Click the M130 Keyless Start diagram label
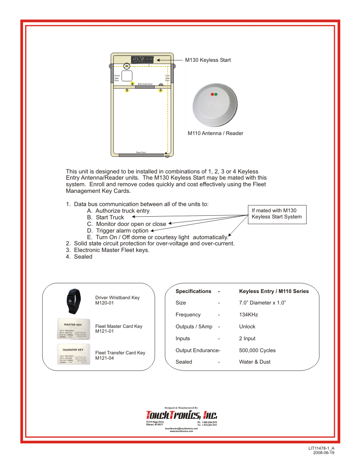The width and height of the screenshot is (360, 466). click(x=208, y=60)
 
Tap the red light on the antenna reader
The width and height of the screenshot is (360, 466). click(x=212, y=94)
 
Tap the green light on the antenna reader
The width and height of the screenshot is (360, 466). click(x=216, y=94)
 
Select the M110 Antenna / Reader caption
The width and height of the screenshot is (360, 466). click(x=215, y=133)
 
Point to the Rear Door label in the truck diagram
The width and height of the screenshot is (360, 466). click(x=141, y=152)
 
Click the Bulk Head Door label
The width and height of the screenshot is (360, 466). click(x=145, y=84)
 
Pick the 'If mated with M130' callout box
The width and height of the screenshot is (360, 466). click(x=277, y=214)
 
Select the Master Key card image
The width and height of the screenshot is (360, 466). click(x=73, y=329)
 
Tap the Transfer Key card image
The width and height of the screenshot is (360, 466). click(x=73, y=355)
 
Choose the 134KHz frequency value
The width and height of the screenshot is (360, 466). click(x=248, y=315)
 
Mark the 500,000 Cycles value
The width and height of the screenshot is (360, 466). click(x=257, y=350)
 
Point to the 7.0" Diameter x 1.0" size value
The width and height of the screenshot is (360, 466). click(x=262, y=303)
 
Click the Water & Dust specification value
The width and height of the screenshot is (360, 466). click(x=255, y=362)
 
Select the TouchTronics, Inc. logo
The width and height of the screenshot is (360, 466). click(x=181, y=415)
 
